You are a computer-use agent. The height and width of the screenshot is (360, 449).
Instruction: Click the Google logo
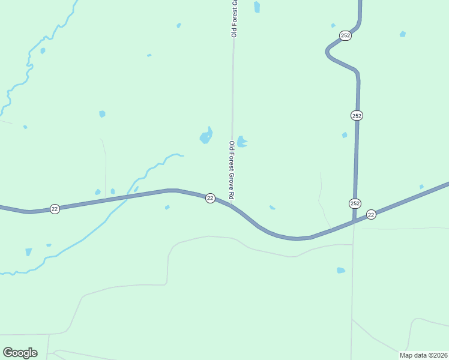(x=20, y=353)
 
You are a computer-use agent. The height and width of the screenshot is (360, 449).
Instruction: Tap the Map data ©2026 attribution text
(x=424, y=355)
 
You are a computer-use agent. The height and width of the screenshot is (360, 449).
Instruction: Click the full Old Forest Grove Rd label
(x=231, y=170)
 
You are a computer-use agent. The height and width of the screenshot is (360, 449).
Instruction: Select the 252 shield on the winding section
(x=345, y=35)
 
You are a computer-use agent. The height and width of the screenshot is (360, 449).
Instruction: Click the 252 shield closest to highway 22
(x=355, y=203)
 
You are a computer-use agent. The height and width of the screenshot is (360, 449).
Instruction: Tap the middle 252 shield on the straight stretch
(x=357, y=115)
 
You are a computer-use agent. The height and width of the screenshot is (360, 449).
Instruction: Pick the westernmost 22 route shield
(x=55, y=209)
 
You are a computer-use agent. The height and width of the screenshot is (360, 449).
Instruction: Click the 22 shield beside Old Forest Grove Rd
(x=210, y=198)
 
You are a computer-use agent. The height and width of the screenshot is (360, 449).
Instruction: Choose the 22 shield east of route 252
(x=371, y=214)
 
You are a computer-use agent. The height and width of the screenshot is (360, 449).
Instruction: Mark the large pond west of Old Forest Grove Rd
(x=206, y=137)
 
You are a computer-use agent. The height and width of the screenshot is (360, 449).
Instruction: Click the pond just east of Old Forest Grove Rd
(x=241, y=142)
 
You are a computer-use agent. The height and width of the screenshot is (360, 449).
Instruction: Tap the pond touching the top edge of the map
(x=257, y=7)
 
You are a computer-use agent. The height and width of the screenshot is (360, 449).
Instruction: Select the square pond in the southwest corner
(x=28, y=253)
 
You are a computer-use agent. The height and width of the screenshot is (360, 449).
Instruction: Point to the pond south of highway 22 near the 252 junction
(x=341, y=271)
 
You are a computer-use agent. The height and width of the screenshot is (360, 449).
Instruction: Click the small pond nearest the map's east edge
(x=421, y=187)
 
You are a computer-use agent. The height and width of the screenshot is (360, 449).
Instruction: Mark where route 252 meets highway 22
(x=354, y=221)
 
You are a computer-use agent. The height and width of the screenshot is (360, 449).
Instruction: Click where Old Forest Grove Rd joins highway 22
(x=232, y=206)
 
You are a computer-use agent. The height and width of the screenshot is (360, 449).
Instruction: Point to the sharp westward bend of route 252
(x=328, y=52)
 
